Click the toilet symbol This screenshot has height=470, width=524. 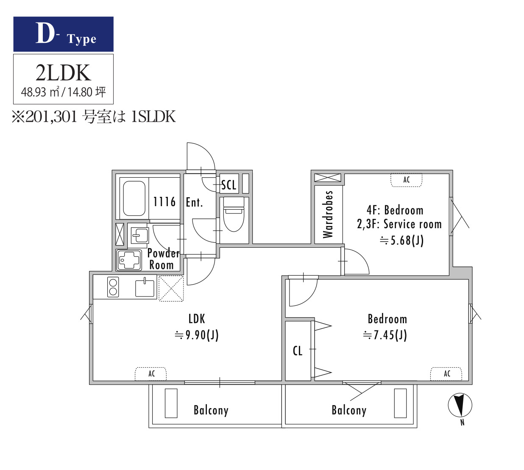click(x=233, y=215)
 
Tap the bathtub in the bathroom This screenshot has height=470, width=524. click(x=134, y=198)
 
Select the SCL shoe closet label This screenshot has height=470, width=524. click(x=229, y=185)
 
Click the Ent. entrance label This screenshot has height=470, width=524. click(x=194, y=202)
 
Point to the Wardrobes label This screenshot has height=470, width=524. click(x=328, y=214)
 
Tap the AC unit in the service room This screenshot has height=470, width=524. click(x=406, y=180)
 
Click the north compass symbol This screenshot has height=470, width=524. click(x=460, y=405)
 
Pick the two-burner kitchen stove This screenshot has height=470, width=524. click(x=113, y=287)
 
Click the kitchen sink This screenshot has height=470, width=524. click(x=145, y=287)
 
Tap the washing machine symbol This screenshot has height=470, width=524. click(x=129, y=260)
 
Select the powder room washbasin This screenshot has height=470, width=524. click(x=139, y=235)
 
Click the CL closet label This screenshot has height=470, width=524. click(x=298, y=351)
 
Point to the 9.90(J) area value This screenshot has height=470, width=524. click(x=197, y=335)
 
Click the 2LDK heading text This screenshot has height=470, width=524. click(x=63, y=73)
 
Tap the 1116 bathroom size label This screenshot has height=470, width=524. click(x=164, y=201)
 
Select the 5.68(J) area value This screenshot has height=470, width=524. click(x=401, y=241)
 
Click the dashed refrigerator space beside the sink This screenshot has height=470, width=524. click(x=171, y=288)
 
